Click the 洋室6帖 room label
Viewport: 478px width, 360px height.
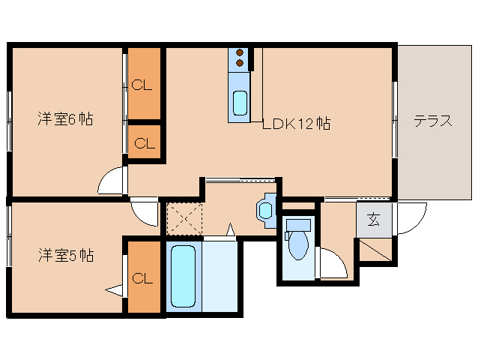coord(66,119)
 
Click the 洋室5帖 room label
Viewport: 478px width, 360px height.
coord(66,256)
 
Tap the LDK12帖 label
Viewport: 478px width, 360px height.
coord(296,124)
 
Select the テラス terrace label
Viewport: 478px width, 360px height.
coord(432,120)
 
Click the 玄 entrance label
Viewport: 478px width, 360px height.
coord(373,220)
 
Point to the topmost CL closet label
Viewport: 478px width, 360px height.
coord(142,85)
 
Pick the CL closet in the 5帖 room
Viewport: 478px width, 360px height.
coord(142,278)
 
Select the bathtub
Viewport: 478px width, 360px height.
coord(183,275)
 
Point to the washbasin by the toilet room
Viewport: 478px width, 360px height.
coord(266,209)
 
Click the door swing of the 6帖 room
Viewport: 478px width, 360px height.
coord(112,181)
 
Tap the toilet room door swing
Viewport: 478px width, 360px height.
coord(332,262)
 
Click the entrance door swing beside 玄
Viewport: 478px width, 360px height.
coord(411,218)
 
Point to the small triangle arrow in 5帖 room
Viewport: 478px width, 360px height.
coord(114,289)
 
